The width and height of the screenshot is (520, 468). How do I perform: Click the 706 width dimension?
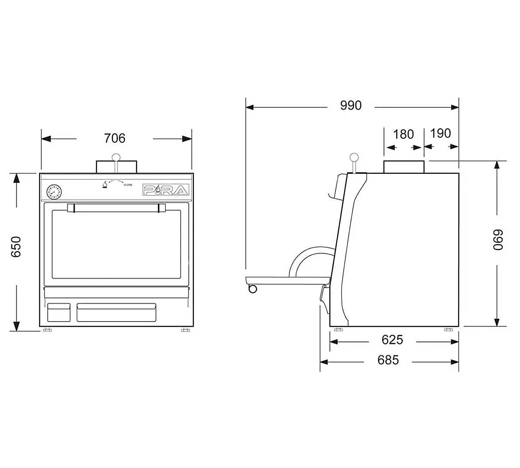pyautogui.click(x=115, y=138)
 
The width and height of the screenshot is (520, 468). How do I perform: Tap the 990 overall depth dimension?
pyautogui.click(x=351, y=105)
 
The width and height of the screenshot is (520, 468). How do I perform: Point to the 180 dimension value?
pyautogui.click(x=403, y=134)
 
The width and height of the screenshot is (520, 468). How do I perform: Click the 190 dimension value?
pyautogui.click(x=441, y=133)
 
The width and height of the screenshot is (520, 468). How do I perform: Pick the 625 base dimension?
pyautogui.click(x=392, y=340)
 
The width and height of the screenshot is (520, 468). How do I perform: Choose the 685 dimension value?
pyautogui.click(x=388, y=360)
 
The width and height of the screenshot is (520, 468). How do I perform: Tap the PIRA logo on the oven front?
pyautogui.click(x=166, y=190)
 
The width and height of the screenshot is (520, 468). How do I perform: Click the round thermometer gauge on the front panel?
pyautogui.click(x=54, y=191)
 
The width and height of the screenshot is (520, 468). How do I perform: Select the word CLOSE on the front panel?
pyautogui.click(x=128, y=185)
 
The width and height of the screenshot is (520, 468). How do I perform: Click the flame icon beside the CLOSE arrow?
pyautogui.click(x=104, y=185)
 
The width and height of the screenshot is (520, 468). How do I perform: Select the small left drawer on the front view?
pyautogui.click(x=58, y=312)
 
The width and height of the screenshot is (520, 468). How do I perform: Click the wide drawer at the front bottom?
pyautogui.click(x=117, y=312)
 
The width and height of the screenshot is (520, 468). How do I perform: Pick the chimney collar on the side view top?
pyautogui.click(x=403, y=166)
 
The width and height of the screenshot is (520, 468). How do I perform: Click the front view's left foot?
pyautogui.click(x=47, y=330)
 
